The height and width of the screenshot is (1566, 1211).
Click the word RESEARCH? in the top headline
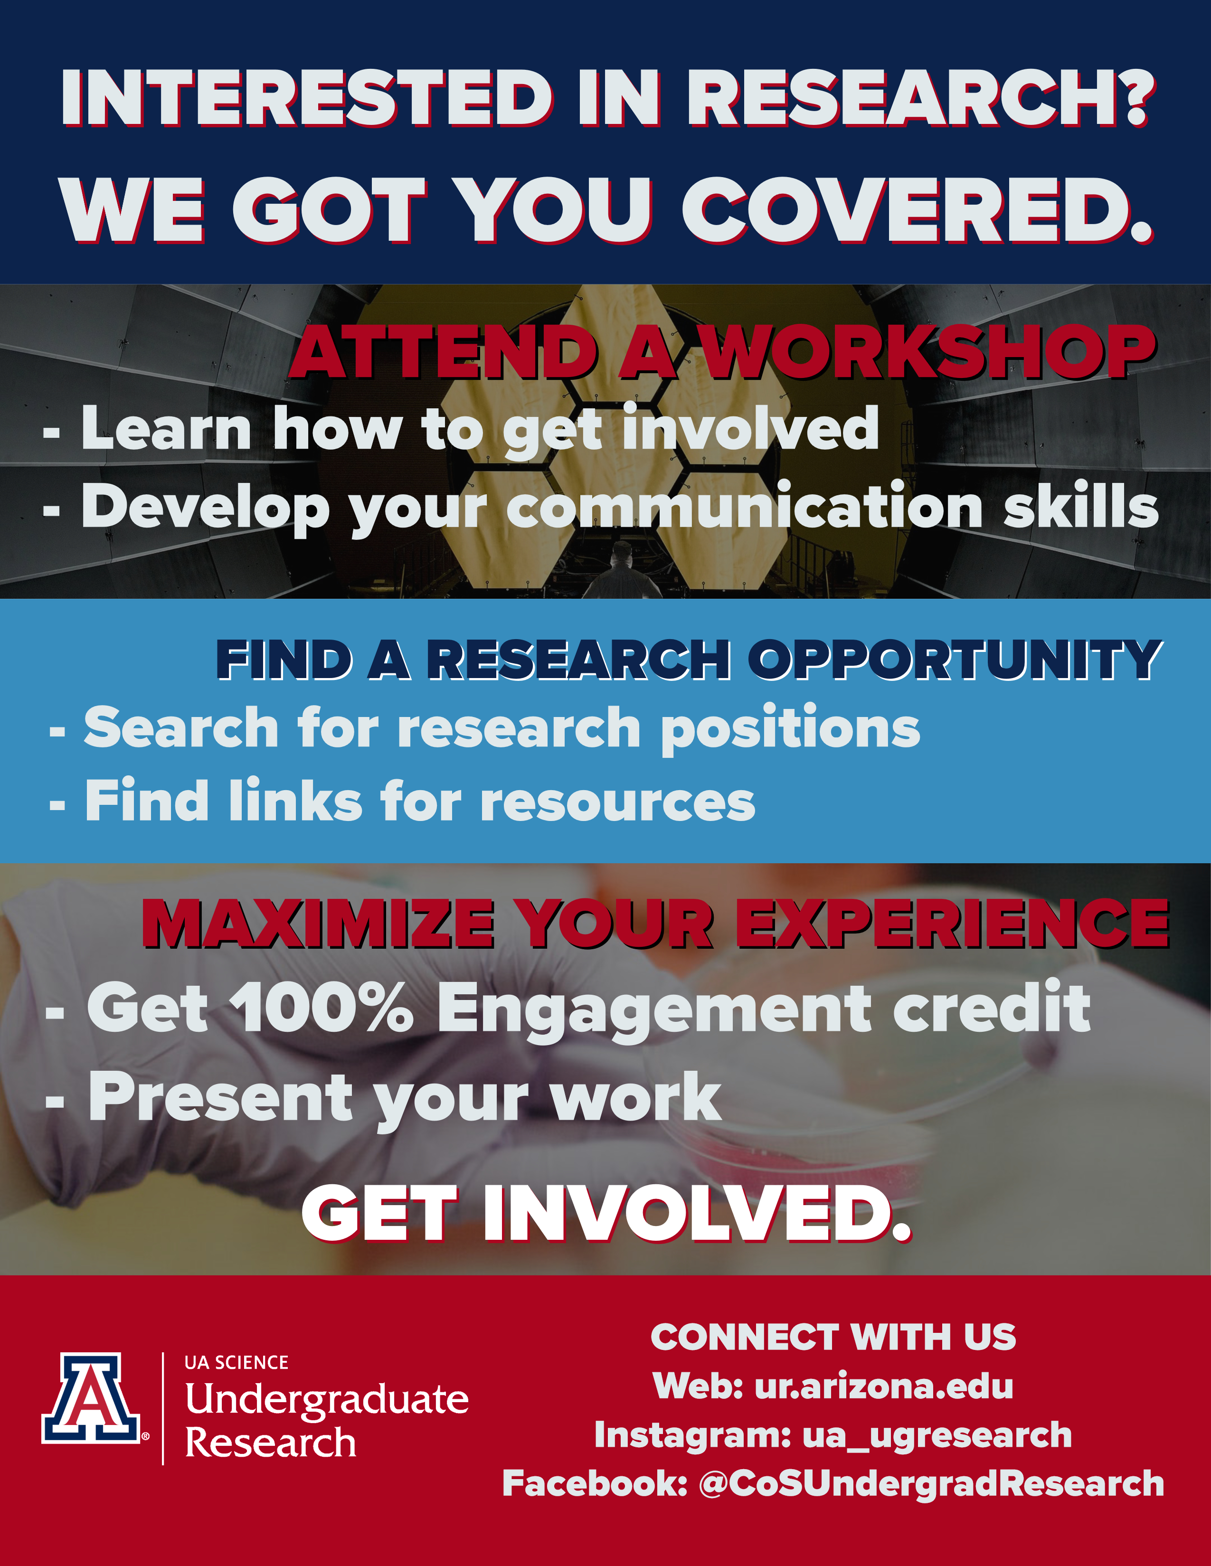point(921,99)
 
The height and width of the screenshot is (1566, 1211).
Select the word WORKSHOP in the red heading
point(928,351)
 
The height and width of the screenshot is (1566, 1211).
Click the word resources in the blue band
point(617,802)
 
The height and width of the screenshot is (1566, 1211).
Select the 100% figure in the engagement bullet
point(325,1008)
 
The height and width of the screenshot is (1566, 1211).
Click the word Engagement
point(654,1011)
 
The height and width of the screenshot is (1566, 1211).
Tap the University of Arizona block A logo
point(91,1398)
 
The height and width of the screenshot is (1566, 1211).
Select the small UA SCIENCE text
point(237,1362)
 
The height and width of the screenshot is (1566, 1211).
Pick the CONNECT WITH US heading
point(833,1337)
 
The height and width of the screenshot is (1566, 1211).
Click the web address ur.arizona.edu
point(883,1386)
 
